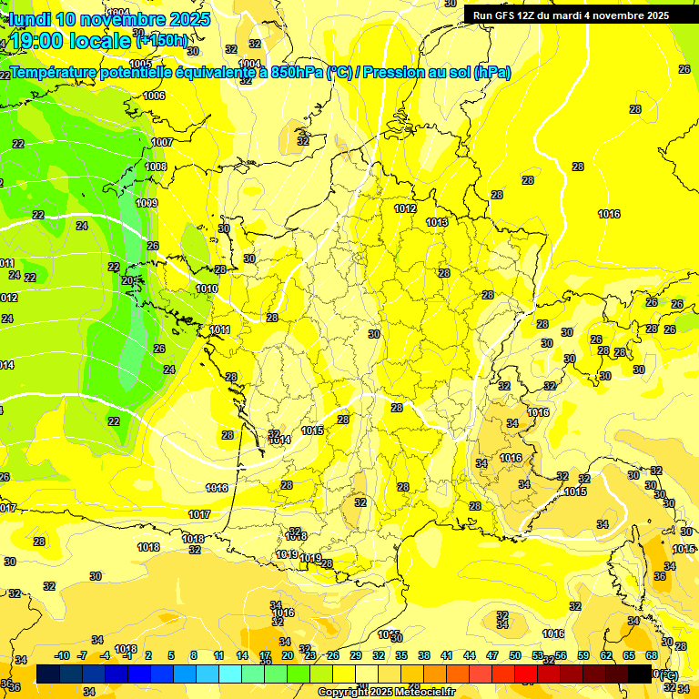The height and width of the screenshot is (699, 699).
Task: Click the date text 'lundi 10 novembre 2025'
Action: tap(109, 19)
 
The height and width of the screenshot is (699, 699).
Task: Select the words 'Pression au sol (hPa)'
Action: tap(436, 73)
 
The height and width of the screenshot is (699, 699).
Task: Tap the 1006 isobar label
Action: tap(154, 96)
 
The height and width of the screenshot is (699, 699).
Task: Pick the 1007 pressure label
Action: tap(162, 142)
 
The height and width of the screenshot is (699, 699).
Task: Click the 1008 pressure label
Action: tap(156, 167)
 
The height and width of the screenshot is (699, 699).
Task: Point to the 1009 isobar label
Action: tap(147, 203)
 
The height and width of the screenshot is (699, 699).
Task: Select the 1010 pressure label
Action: tap(207, 289)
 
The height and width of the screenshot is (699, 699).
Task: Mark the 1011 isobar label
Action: tap(219, 329)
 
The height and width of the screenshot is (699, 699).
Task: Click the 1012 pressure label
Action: tap(406, 208)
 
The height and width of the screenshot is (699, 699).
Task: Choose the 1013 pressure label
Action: tap(437, 222)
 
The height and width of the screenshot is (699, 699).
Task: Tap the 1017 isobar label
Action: tap(199, 515)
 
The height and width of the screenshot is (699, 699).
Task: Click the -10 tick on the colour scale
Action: tap(63, 655)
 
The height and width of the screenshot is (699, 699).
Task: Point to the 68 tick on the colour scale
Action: tap(652, 655)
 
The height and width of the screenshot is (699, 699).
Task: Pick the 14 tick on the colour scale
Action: tap(242, 655)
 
